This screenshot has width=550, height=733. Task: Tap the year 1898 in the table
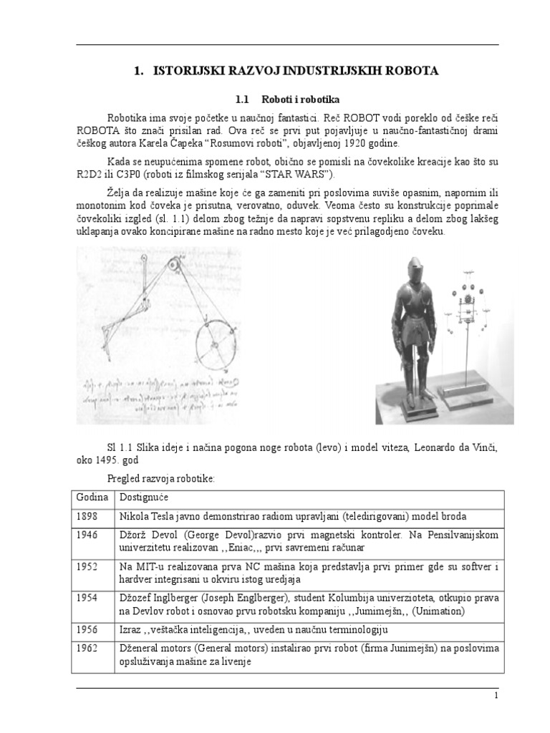tap(87, 517)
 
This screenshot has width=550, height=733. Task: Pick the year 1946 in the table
tap(87, 535)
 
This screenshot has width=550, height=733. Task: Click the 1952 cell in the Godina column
tap(87, 567)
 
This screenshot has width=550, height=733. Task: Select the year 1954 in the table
tap(87, 598)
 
